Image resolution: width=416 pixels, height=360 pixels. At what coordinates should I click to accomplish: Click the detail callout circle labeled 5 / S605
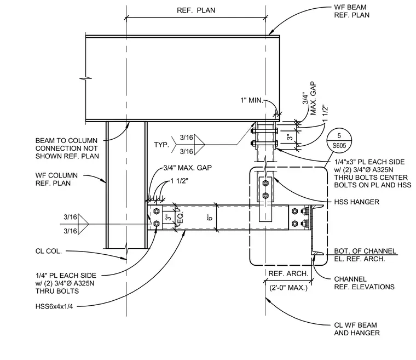[339, 141]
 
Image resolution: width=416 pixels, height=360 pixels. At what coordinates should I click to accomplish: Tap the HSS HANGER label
[356, 202]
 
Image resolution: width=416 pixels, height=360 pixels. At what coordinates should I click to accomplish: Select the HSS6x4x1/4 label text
[54, 307]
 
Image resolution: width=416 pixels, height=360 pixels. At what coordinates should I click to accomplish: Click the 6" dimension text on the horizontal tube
[210, 218]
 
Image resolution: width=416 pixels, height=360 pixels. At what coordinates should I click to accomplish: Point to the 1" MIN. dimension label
[251, 100]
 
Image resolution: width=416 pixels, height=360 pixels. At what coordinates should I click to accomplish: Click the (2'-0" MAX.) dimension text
[288, 288]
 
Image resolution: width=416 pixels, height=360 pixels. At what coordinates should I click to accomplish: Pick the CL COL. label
[49, 251]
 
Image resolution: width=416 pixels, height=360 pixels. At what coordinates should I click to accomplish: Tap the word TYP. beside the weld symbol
[161, 145]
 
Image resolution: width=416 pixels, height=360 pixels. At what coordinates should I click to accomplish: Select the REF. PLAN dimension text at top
[196, 10]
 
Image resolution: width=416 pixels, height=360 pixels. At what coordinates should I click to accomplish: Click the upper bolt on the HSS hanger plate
[265, 183]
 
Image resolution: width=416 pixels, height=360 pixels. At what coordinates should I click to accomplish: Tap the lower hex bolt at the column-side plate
[156, 224]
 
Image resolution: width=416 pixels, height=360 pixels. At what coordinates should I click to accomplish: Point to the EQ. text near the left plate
[180, 218]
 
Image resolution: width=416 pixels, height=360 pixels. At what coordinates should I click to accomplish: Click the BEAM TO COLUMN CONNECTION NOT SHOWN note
[67, 148]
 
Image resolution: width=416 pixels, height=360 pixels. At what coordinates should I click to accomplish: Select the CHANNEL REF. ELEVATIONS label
[364, 283]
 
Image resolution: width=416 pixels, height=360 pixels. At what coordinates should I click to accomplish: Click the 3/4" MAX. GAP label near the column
[188, 168]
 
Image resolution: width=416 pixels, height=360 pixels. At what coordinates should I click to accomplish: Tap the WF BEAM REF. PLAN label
[352, 11]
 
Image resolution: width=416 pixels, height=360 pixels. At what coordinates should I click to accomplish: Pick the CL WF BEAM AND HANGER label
[357, 329]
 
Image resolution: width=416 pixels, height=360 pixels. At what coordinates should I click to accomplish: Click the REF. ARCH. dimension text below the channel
[288, 273]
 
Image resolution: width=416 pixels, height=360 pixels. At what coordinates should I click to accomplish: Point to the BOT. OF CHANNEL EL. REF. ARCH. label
[365, 255]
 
